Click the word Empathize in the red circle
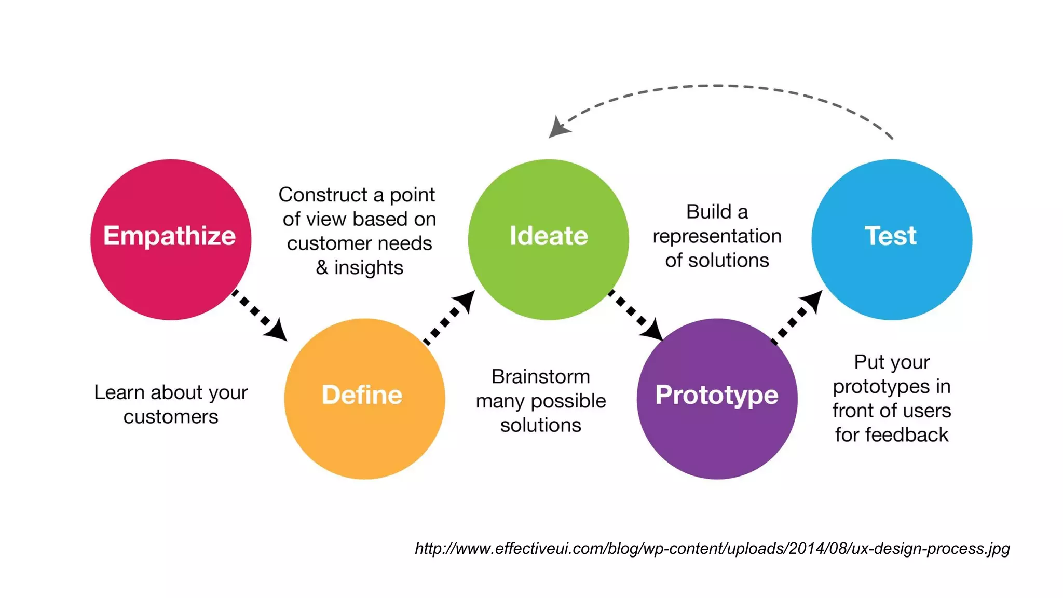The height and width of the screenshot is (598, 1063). pyautogui.click(x=169, y=236)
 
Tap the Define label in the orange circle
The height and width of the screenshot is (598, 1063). pyautogui.click(x=362, y=395)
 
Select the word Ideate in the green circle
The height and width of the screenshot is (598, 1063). pyautogui.click(x=549, y=236)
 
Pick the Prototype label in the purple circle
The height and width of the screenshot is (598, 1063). pyautogui.click(x=716, y=395)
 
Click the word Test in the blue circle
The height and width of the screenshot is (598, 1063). pyautogui.click(x=890, y=236)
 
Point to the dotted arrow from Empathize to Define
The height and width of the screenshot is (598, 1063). pyautogui.click(x=259, y=315)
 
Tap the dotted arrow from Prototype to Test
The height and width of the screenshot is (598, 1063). pyautogui.click(x=797, y=317)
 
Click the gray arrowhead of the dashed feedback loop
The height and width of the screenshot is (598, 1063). pyautogui.click(x=559, y=128)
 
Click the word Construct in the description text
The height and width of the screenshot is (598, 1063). pyautogui.click(x=323, y=195)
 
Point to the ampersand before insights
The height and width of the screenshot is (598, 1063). pyautogui.click(x=322, y=268)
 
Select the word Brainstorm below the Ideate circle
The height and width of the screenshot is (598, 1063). pyautogui.click(x=540, y=377)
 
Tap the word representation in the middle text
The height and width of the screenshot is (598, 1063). pyautogui.click(x=717, y=237)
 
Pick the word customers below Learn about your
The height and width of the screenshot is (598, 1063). pyautogui.click(x=171, y=417)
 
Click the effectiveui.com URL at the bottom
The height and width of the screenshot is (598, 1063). pyautogui.click(x=712, y=549)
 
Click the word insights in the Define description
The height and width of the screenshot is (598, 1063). pyautogui.click(x=369, y=268)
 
